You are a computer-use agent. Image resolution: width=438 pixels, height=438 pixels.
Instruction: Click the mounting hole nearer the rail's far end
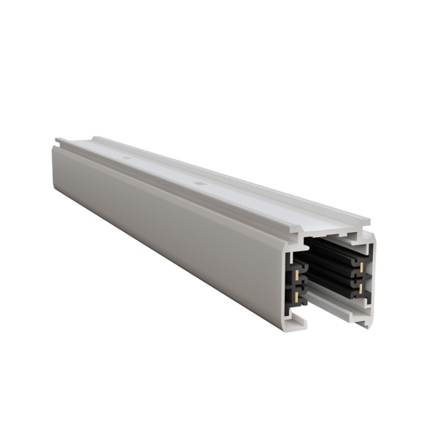127,156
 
